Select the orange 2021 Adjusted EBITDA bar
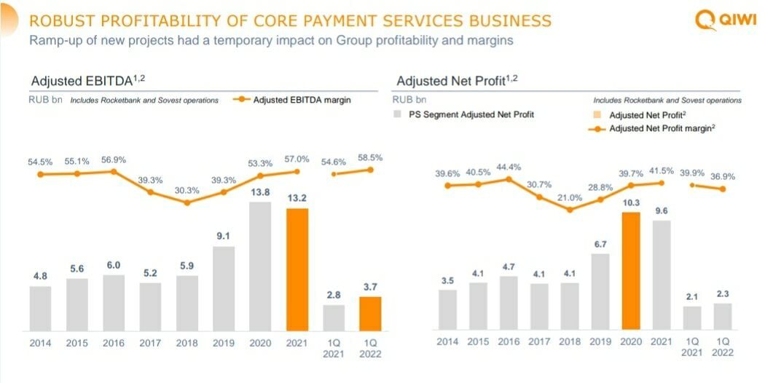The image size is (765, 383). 297,269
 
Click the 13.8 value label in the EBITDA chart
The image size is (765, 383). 261,191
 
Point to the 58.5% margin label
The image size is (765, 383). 370,157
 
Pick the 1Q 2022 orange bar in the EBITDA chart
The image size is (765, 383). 370,313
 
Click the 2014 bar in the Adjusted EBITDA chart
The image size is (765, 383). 41,307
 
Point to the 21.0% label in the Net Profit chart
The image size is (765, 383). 569,197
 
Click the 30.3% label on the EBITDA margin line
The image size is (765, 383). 187,191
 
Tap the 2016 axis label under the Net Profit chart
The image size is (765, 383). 509,341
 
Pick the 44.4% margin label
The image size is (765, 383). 509,167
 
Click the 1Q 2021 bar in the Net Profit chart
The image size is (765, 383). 691,317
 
